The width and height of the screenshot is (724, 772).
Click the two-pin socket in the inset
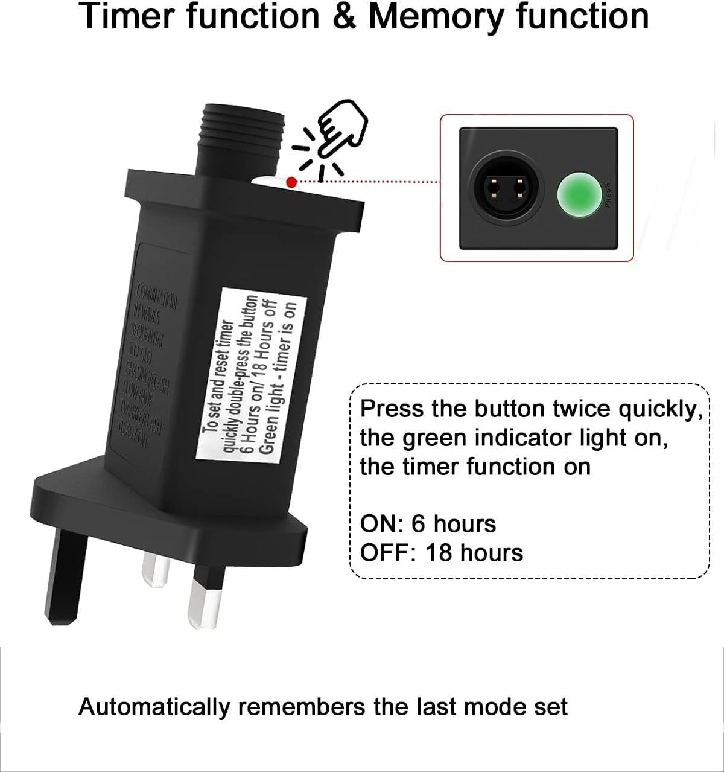505,190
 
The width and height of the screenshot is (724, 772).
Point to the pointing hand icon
340,128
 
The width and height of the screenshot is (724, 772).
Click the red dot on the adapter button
292,182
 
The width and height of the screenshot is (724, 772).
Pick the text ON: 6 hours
428,523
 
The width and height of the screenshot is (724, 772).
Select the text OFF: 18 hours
441,552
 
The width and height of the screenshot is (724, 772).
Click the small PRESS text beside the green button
607,196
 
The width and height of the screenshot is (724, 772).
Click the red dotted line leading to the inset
368,181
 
